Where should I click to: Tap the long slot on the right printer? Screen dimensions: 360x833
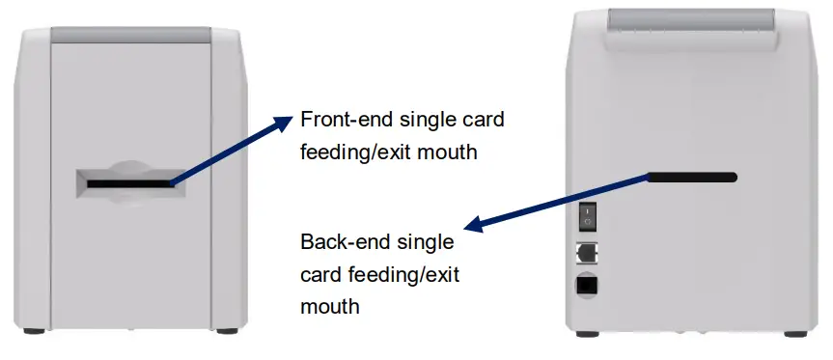coord(692,177)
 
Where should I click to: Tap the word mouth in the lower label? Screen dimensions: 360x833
coord(330,306)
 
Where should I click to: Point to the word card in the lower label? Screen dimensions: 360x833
coord(319,274)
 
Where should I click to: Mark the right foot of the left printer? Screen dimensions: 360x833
coord(227,331)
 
